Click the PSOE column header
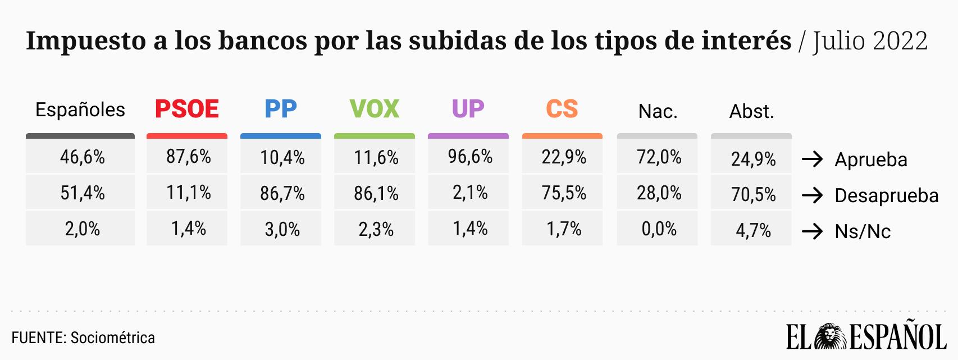(186, 109)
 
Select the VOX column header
(374, 109)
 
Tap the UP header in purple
(468, 109)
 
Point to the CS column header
(562, 109)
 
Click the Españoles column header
(80, 110)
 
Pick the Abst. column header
(751, 111)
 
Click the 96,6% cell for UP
(469, 157)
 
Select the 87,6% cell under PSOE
(188, 157)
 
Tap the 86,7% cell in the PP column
(282, 193)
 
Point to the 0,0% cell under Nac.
(659, 229)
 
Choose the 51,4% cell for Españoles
(82, 193)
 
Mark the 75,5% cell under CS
(563, 193)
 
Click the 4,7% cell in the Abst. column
(753, 230)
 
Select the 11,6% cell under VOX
(376, 157)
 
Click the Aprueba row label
(870, 160)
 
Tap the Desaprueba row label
(886, 195)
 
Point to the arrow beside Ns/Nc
(812, 231)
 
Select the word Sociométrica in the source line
(112, 338)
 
